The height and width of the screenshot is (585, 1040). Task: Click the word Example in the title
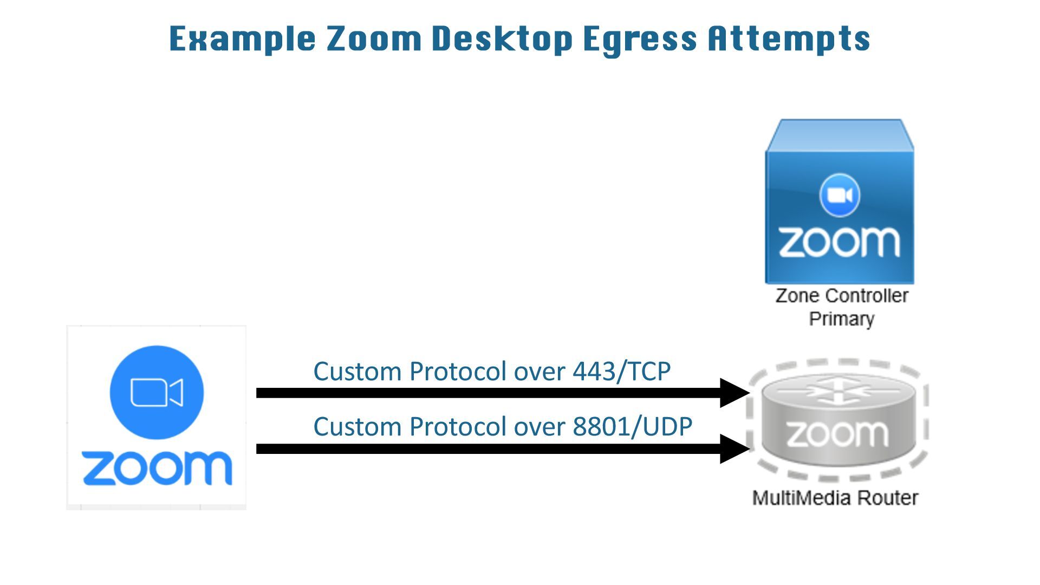242,39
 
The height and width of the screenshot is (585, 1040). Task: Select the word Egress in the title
640,39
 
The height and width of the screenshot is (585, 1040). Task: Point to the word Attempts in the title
789,39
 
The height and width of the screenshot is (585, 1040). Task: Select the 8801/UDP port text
632,427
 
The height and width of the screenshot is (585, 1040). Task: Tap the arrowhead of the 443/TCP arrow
734,393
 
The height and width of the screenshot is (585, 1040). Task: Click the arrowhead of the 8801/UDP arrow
734,448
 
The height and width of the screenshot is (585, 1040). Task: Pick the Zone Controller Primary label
841,307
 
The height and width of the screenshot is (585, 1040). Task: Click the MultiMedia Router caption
835,498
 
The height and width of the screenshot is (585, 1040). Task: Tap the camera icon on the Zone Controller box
840,195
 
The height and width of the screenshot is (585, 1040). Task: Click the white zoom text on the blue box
839,242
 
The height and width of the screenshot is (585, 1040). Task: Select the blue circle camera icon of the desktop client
157,392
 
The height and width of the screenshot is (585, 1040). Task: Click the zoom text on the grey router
837,434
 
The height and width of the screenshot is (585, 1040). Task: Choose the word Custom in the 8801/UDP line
357,427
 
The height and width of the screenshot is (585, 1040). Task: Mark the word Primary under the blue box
841,318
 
